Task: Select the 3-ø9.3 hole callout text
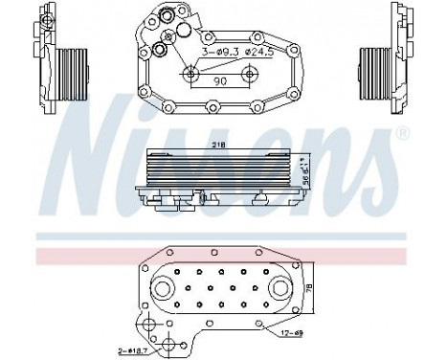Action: (219, 51)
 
